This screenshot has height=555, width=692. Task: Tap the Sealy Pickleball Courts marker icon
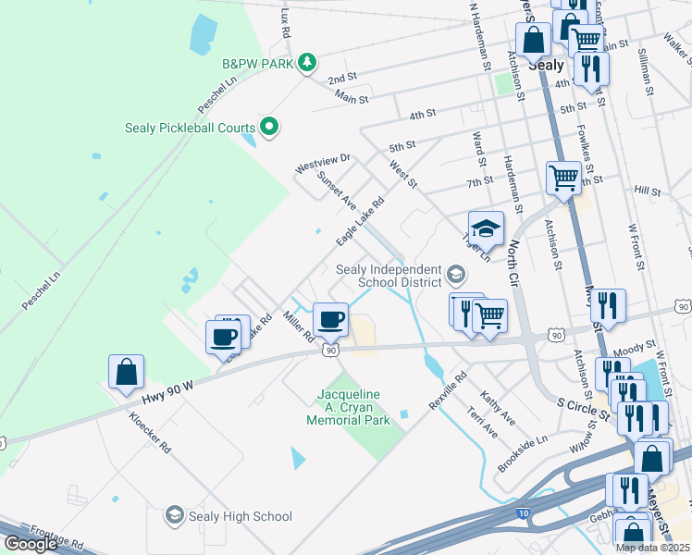coord(269,127)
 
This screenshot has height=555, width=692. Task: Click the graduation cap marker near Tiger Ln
coord(486,228)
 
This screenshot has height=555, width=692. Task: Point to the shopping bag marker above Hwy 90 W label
coord(127,373)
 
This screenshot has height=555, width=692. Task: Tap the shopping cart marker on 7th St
coord(563,177)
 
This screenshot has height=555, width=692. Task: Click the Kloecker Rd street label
coord(152,431)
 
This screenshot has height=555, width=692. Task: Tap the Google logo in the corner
coord(30,544)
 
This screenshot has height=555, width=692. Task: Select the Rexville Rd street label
coord(449,391)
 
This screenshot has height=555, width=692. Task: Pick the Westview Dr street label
coord(323,163)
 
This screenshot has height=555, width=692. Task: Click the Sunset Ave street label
coord(336,188)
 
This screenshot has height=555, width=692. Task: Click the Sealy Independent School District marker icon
coord(455,275)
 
